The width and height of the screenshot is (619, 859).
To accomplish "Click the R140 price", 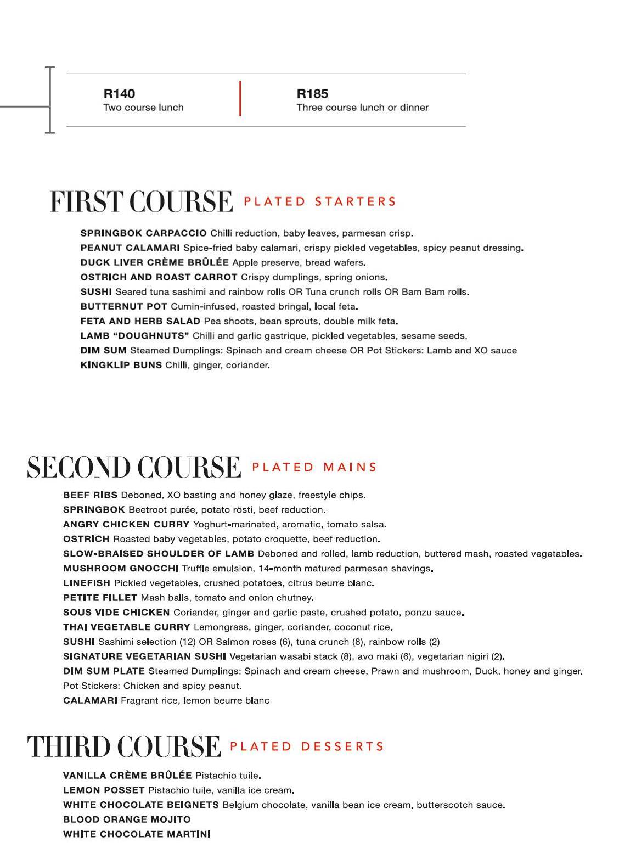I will (119, 94).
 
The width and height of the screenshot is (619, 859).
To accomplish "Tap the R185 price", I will (312, 94).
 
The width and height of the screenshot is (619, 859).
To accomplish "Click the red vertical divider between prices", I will (240, 99).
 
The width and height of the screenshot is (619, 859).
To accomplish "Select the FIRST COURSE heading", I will (141, 201).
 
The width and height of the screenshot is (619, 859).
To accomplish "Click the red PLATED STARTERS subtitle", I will (319, 201).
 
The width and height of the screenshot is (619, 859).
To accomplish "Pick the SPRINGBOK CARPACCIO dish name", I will (143, 233).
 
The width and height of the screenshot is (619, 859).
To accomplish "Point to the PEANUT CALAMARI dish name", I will (130, 248).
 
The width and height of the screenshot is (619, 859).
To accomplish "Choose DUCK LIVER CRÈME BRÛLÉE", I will (154, 262).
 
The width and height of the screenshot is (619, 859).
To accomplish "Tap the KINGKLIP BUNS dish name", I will (121, 365).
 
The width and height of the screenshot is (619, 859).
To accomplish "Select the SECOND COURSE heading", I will (133, 467).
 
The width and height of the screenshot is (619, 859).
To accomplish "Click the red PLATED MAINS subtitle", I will (314, 467).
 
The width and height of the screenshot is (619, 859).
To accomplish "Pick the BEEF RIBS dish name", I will (90, 495).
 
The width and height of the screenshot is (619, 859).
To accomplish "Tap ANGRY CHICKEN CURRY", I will (126, 524).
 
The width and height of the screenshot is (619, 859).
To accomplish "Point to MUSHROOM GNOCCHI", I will (120, 568).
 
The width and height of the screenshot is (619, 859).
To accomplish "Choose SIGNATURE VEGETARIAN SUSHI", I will (144, 656).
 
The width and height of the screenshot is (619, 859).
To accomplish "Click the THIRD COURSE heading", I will (123, 746).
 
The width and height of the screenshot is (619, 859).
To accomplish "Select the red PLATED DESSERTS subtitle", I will (307, 746).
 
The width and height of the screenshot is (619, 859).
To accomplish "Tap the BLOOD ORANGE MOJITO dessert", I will (127, 819).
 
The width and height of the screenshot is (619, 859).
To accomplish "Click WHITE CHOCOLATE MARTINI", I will (137, 834).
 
